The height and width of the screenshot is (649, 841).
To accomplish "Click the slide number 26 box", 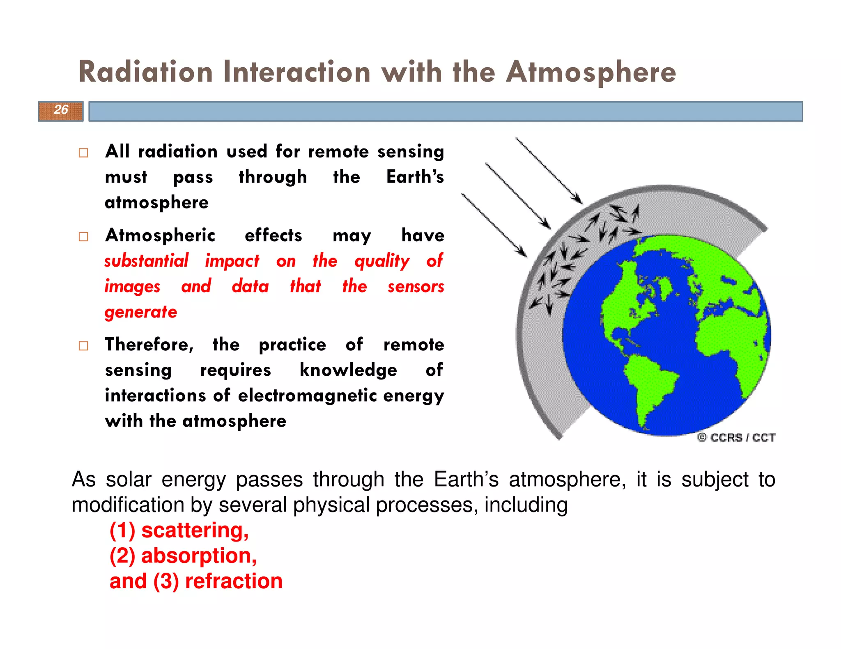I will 61,111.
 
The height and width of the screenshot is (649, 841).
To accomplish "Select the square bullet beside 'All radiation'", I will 83,153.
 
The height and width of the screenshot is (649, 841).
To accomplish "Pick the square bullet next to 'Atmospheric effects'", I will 83,237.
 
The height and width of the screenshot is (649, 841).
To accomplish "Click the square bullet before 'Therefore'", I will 83,346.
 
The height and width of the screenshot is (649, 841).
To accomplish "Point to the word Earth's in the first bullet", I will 415,177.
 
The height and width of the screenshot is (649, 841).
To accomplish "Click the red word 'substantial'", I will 146,261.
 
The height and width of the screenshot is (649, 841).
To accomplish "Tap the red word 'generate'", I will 141,312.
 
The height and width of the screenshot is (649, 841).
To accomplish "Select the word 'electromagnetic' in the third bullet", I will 308,395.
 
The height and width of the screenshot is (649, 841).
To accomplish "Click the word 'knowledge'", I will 348,370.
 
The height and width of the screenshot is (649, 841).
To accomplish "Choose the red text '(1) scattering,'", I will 179,530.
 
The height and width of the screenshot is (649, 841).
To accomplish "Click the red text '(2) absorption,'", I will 183,555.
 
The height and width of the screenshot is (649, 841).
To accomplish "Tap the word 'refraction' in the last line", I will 234,581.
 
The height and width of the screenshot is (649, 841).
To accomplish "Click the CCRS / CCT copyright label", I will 736,437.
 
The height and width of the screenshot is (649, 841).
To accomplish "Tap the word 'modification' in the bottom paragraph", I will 128,505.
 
